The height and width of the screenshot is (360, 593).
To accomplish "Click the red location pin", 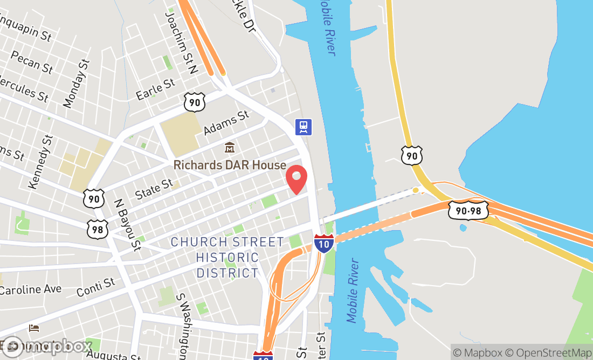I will [x=296, y=179].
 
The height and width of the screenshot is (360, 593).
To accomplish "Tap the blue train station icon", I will [x=304, y=127].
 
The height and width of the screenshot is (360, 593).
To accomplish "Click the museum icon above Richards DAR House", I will [x=230, y=147].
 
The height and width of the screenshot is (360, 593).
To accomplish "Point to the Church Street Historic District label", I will [x=227, y=258].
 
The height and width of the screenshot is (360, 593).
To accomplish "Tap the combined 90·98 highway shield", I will [x=468, y=210].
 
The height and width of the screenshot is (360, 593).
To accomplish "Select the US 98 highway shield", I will [x=98, y=229].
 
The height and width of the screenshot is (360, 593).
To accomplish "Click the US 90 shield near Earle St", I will [x=194, y=101].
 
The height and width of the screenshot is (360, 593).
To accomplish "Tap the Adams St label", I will [x=227, y=123].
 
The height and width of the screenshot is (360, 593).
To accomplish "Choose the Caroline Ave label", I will [x=30, y=289].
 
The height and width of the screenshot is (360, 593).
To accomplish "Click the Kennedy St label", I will [x=41, y=162].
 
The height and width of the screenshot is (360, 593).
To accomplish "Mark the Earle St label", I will [x=156, y=89].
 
